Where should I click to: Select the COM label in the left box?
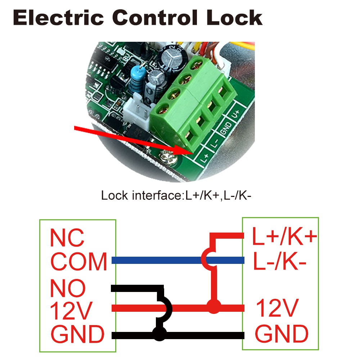(79, 262)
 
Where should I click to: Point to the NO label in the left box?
(68, 288)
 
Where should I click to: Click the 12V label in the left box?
(71, 311)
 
